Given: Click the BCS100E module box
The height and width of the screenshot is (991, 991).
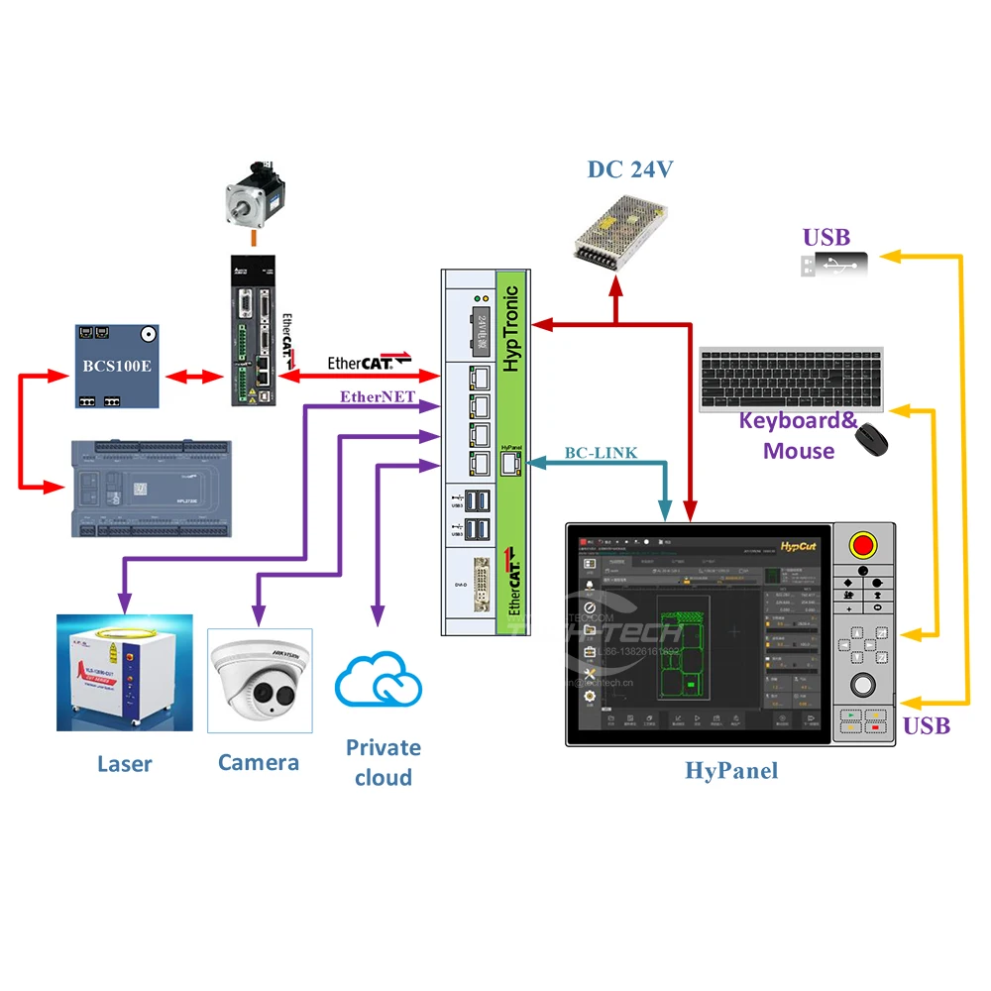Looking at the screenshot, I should coord(118,365).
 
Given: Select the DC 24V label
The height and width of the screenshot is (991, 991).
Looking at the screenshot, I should coord(630,169).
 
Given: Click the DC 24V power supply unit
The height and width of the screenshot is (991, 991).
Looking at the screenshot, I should coord(621,227).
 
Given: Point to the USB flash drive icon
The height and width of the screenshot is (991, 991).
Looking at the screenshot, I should coord(833,265).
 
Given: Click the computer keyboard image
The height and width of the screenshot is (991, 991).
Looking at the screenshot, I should coord(790,378).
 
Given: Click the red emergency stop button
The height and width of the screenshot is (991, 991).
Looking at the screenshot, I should coord(863,545).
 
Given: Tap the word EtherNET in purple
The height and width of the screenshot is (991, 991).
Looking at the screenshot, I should coord(378,397).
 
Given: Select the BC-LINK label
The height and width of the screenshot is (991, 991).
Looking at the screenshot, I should coord(601,453).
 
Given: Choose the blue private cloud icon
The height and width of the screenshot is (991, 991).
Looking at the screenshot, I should coord(379,683).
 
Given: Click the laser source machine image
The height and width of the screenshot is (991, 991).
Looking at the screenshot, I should coord(124,672).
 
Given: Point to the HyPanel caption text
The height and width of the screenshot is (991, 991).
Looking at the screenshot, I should coord(731,770).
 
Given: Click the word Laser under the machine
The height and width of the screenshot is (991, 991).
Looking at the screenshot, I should coord(125,763).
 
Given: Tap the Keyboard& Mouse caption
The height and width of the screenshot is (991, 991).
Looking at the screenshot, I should coord(799,435).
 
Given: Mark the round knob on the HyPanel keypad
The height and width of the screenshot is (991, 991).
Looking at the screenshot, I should coord(863,686).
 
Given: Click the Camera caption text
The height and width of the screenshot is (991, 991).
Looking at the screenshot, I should coord(259,762).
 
